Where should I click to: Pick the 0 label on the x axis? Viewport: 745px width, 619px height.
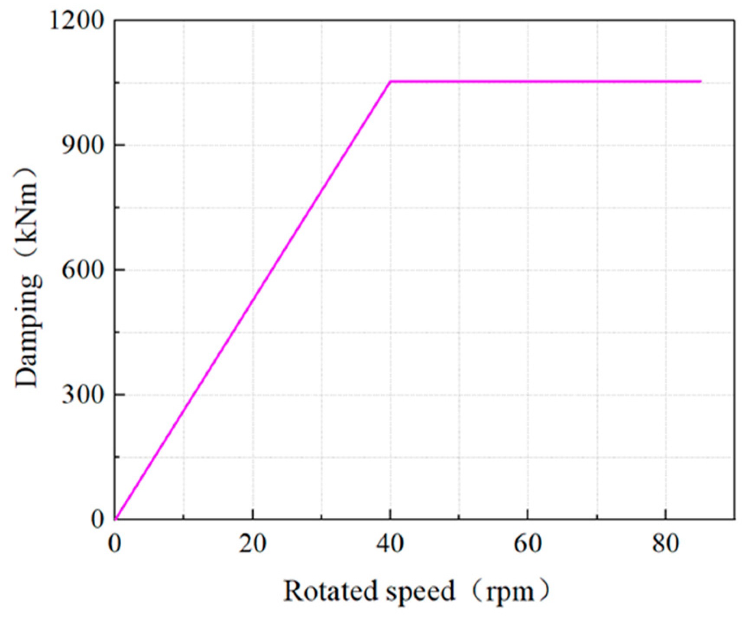click(115, 544)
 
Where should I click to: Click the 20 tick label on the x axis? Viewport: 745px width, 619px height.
click(253, 544)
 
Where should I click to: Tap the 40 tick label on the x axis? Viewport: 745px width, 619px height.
click(390, 544)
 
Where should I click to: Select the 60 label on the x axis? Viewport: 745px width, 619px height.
click(528, 544)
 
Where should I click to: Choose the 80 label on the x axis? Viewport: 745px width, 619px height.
click(665, 544)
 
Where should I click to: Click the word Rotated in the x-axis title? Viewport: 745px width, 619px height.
click(329, 591)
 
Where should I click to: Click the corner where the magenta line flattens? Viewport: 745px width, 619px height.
click(390, 81)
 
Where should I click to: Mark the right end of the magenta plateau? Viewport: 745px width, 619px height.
click(700, 81)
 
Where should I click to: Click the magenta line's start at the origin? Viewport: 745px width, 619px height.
click(116, 518)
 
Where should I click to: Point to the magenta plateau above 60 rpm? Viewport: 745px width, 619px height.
click(528, 81)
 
